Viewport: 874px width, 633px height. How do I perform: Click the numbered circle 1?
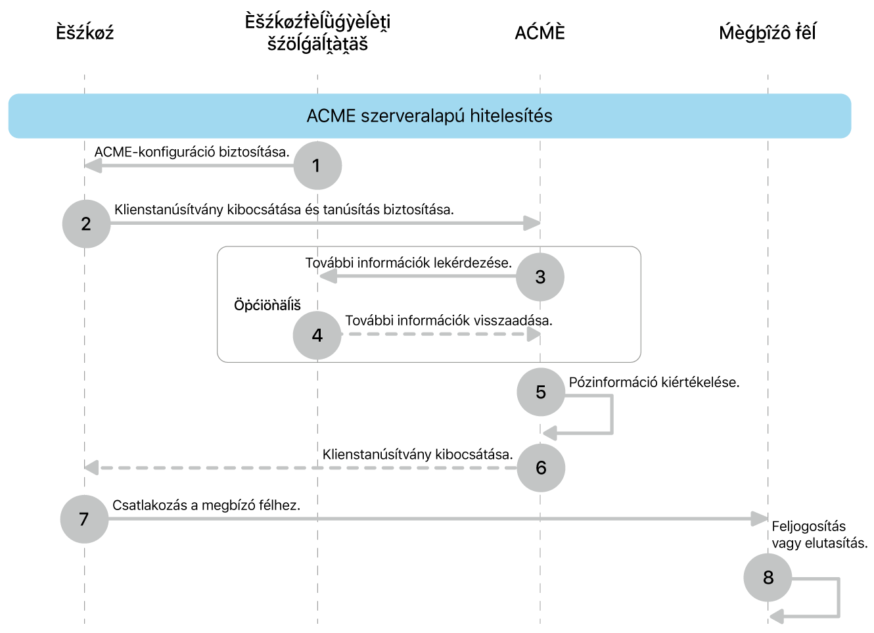[x=317, y=166]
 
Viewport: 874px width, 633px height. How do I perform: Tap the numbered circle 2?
[x=86, y=224]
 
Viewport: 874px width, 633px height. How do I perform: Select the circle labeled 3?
[x=540, y=277]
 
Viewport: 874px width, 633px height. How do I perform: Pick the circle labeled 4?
[x=317, y=335]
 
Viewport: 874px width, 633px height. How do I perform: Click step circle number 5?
[x=541, y=392]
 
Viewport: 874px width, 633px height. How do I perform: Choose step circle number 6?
[x=541, y=468]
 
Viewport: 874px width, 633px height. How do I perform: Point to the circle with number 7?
[x=84, y=519]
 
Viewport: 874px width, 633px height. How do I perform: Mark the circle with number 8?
[x=768, y=578]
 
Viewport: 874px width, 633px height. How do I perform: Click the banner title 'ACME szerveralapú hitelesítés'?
[x=429, y=116]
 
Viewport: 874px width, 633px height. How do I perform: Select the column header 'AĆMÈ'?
[x=540, y=33]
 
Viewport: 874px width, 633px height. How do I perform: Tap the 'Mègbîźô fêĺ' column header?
[x=767, y=33]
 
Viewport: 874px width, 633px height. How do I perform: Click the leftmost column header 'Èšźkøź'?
[x=85, y=33]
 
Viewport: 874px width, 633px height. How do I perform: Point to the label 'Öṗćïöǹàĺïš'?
[x=267, y=305]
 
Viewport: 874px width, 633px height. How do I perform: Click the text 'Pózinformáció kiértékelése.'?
[x=654, y=383]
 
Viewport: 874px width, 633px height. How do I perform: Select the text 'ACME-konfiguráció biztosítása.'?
[x=192, y=152]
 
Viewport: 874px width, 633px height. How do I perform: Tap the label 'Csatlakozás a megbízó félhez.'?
[x=206, y=505]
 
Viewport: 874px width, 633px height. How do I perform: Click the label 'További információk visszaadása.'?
[x=449, y=321]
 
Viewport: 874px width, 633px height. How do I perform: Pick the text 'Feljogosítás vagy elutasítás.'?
[x=819, y=534]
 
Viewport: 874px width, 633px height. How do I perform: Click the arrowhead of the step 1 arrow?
[x=93, y=166]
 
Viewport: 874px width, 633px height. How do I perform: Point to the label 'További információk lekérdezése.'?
[x=408, y=263]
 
